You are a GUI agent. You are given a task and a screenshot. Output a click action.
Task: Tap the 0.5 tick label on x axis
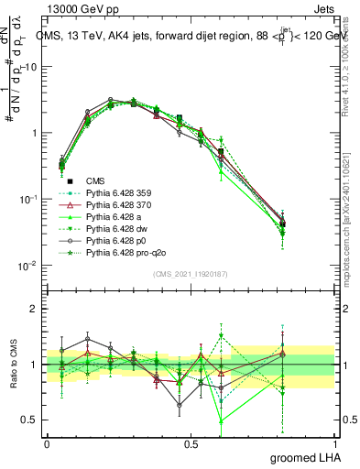[191, 442]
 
